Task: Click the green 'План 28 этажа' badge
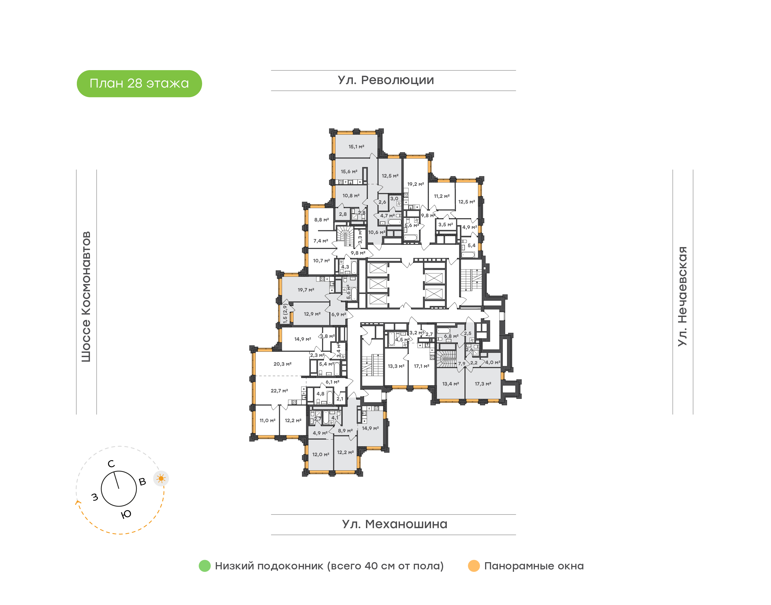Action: click(139, 84)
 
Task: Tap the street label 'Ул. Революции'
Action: click(386, 80)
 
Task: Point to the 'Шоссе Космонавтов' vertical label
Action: click(86, 297)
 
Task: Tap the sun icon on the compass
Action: click(161, 479)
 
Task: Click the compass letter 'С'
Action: click(111, 464)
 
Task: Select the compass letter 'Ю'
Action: click(126, 514)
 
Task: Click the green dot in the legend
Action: click(205, 566)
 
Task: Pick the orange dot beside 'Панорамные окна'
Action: click(474, 566)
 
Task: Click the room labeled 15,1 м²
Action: click(356, 147)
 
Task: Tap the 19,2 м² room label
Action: click(415, 184)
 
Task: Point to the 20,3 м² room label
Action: click(282, 364)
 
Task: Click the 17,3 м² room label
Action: click(483, 384)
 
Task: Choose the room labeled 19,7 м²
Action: click(306, 290)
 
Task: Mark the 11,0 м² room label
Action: click(267, 421)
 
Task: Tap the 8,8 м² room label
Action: click(322, 220)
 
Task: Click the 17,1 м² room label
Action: click(421, 366)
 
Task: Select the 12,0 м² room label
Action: click(320, 455)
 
